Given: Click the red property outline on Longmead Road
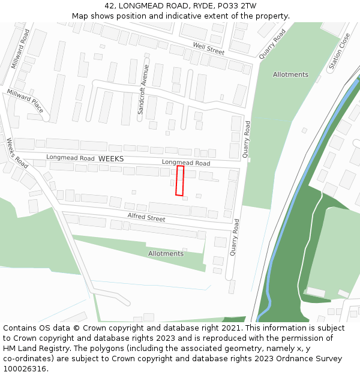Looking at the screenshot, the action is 179,181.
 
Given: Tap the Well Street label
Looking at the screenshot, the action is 208,49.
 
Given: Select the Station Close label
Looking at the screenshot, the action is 338,52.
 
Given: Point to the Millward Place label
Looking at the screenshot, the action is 25,101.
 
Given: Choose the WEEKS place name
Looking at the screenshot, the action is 111,158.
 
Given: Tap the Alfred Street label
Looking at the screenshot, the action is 146,217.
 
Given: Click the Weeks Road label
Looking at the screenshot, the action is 17,153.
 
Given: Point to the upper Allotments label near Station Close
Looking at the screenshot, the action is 290,75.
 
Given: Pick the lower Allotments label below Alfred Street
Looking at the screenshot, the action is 166,254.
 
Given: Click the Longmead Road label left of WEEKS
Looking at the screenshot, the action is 71,158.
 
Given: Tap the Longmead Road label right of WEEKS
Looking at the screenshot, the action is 186,163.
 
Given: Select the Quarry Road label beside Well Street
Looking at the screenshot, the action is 273,44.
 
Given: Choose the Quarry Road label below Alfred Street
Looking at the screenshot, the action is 235,238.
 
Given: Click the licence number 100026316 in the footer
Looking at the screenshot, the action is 25,368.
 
